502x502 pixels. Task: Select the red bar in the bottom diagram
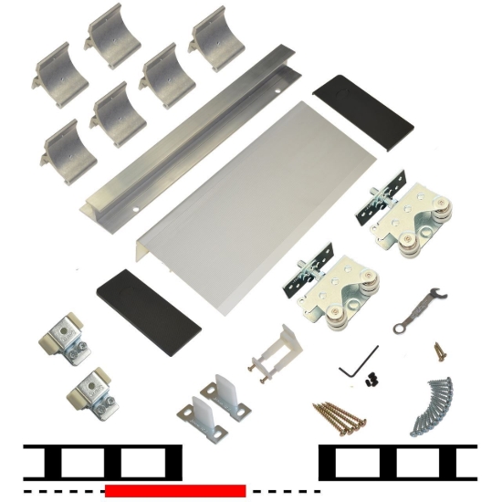(x=175, y=491)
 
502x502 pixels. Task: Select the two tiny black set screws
(x=370, y=376)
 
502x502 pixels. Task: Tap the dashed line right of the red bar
(x=278, y=491)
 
